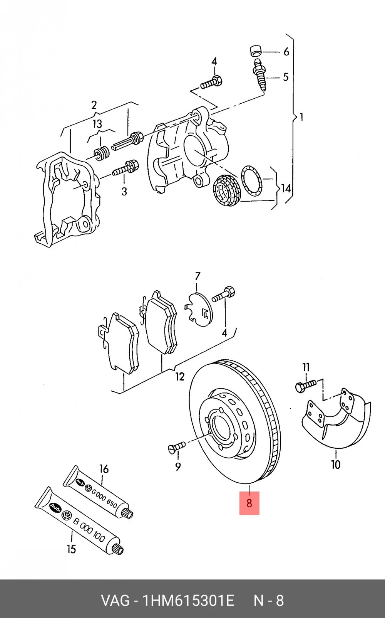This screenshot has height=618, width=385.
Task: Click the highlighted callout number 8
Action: coord(249,503)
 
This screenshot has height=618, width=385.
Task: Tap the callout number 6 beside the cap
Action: coord(286,52)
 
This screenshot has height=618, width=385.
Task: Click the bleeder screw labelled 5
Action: coord(259,75)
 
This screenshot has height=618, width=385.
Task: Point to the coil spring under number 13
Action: coord(101,154)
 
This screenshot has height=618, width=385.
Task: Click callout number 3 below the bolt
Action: coord(124,191)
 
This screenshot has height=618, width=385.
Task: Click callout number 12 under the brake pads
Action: coord(180,376)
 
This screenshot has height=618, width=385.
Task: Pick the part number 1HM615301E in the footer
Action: coord(187,601)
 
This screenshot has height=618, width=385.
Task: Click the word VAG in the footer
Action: coord(115,601)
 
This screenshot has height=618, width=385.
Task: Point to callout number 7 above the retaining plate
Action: coord(198,276)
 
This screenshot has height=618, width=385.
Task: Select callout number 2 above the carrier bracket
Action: coord(94,105)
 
